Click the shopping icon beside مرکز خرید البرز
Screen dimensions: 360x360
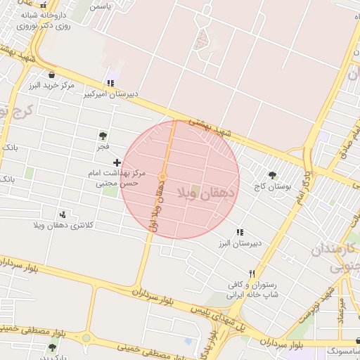tap(51, 75)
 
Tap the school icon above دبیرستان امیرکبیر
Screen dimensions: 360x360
tap(110, 83)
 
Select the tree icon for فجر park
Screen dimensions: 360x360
tap(103, 136)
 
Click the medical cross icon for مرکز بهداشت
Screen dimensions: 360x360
tap(117, 162)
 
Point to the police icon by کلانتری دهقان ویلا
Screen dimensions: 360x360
tap(64, 214)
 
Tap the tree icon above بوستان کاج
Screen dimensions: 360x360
tap(272, 176)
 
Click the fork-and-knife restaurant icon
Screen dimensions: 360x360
tap(251, 274)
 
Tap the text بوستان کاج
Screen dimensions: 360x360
tap(273, 187)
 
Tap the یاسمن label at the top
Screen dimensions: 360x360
tap(101, 6)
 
